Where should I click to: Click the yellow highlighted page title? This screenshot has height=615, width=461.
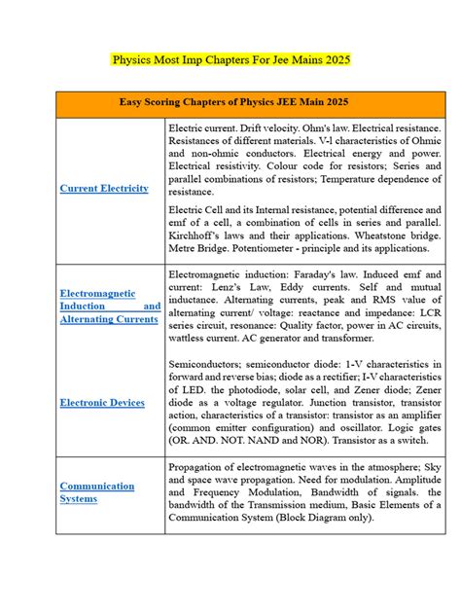click(230, 59)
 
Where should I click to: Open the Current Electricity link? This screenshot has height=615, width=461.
click(104, 188)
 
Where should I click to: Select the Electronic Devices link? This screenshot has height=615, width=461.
click(102, 402)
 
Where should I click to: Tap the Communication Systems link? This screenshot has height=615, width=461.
click(97, 492)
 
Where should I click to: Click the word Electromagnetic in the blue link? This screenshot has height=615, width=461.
click(97, 293)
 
